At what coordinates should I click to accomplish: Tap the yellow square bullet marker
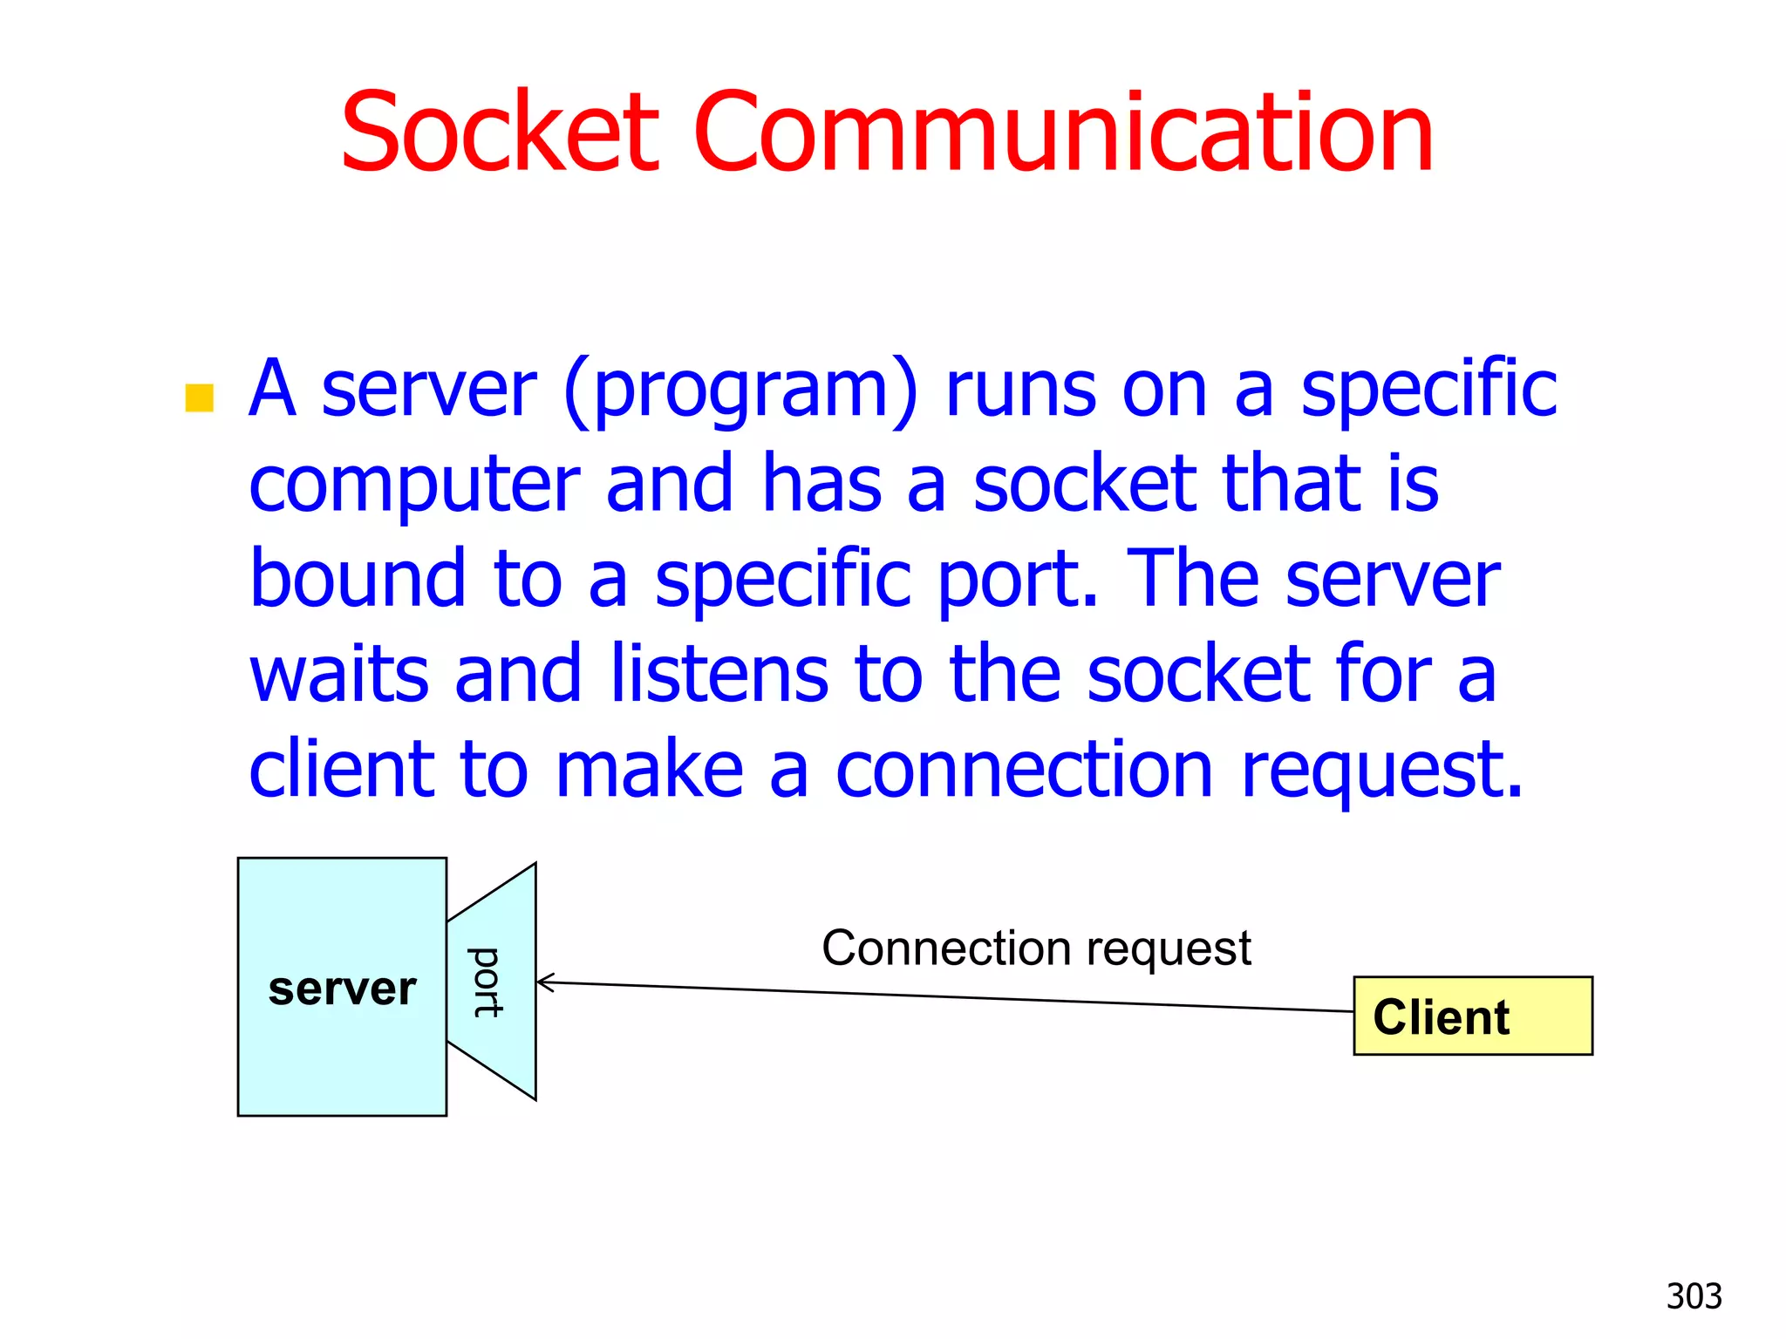click(x=200, y=398)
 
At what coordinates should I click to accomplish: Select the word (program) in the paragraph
click(x=741, y=390)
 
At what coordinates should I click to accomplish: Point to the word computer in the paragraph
click(x=415, y=486)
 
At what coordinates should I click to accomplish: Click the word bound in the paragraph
click(x=358, y=579)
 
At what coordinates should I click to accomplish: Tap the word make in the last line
click(x=650, y=770)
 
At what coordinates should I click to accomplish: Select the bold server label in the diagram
click(x=342, y=989)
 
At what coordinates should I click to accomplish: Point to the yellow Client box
click(x=1473, y=1016)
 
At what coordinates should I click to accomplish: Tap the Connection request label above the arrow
click(x=1036, y=948)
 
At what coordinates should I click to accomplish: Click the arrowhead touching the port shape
click(x=542, y=982)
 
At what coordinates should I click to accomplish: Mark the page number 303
click(x=1694, y=1296)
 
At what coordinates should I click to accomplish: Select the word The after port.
click(x=1191, y=579)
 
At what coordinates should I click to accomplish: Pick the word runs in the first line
click(x=1020, y=390)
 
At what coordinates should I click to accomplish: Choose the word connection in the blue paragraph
click(x=1024, y=770)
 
